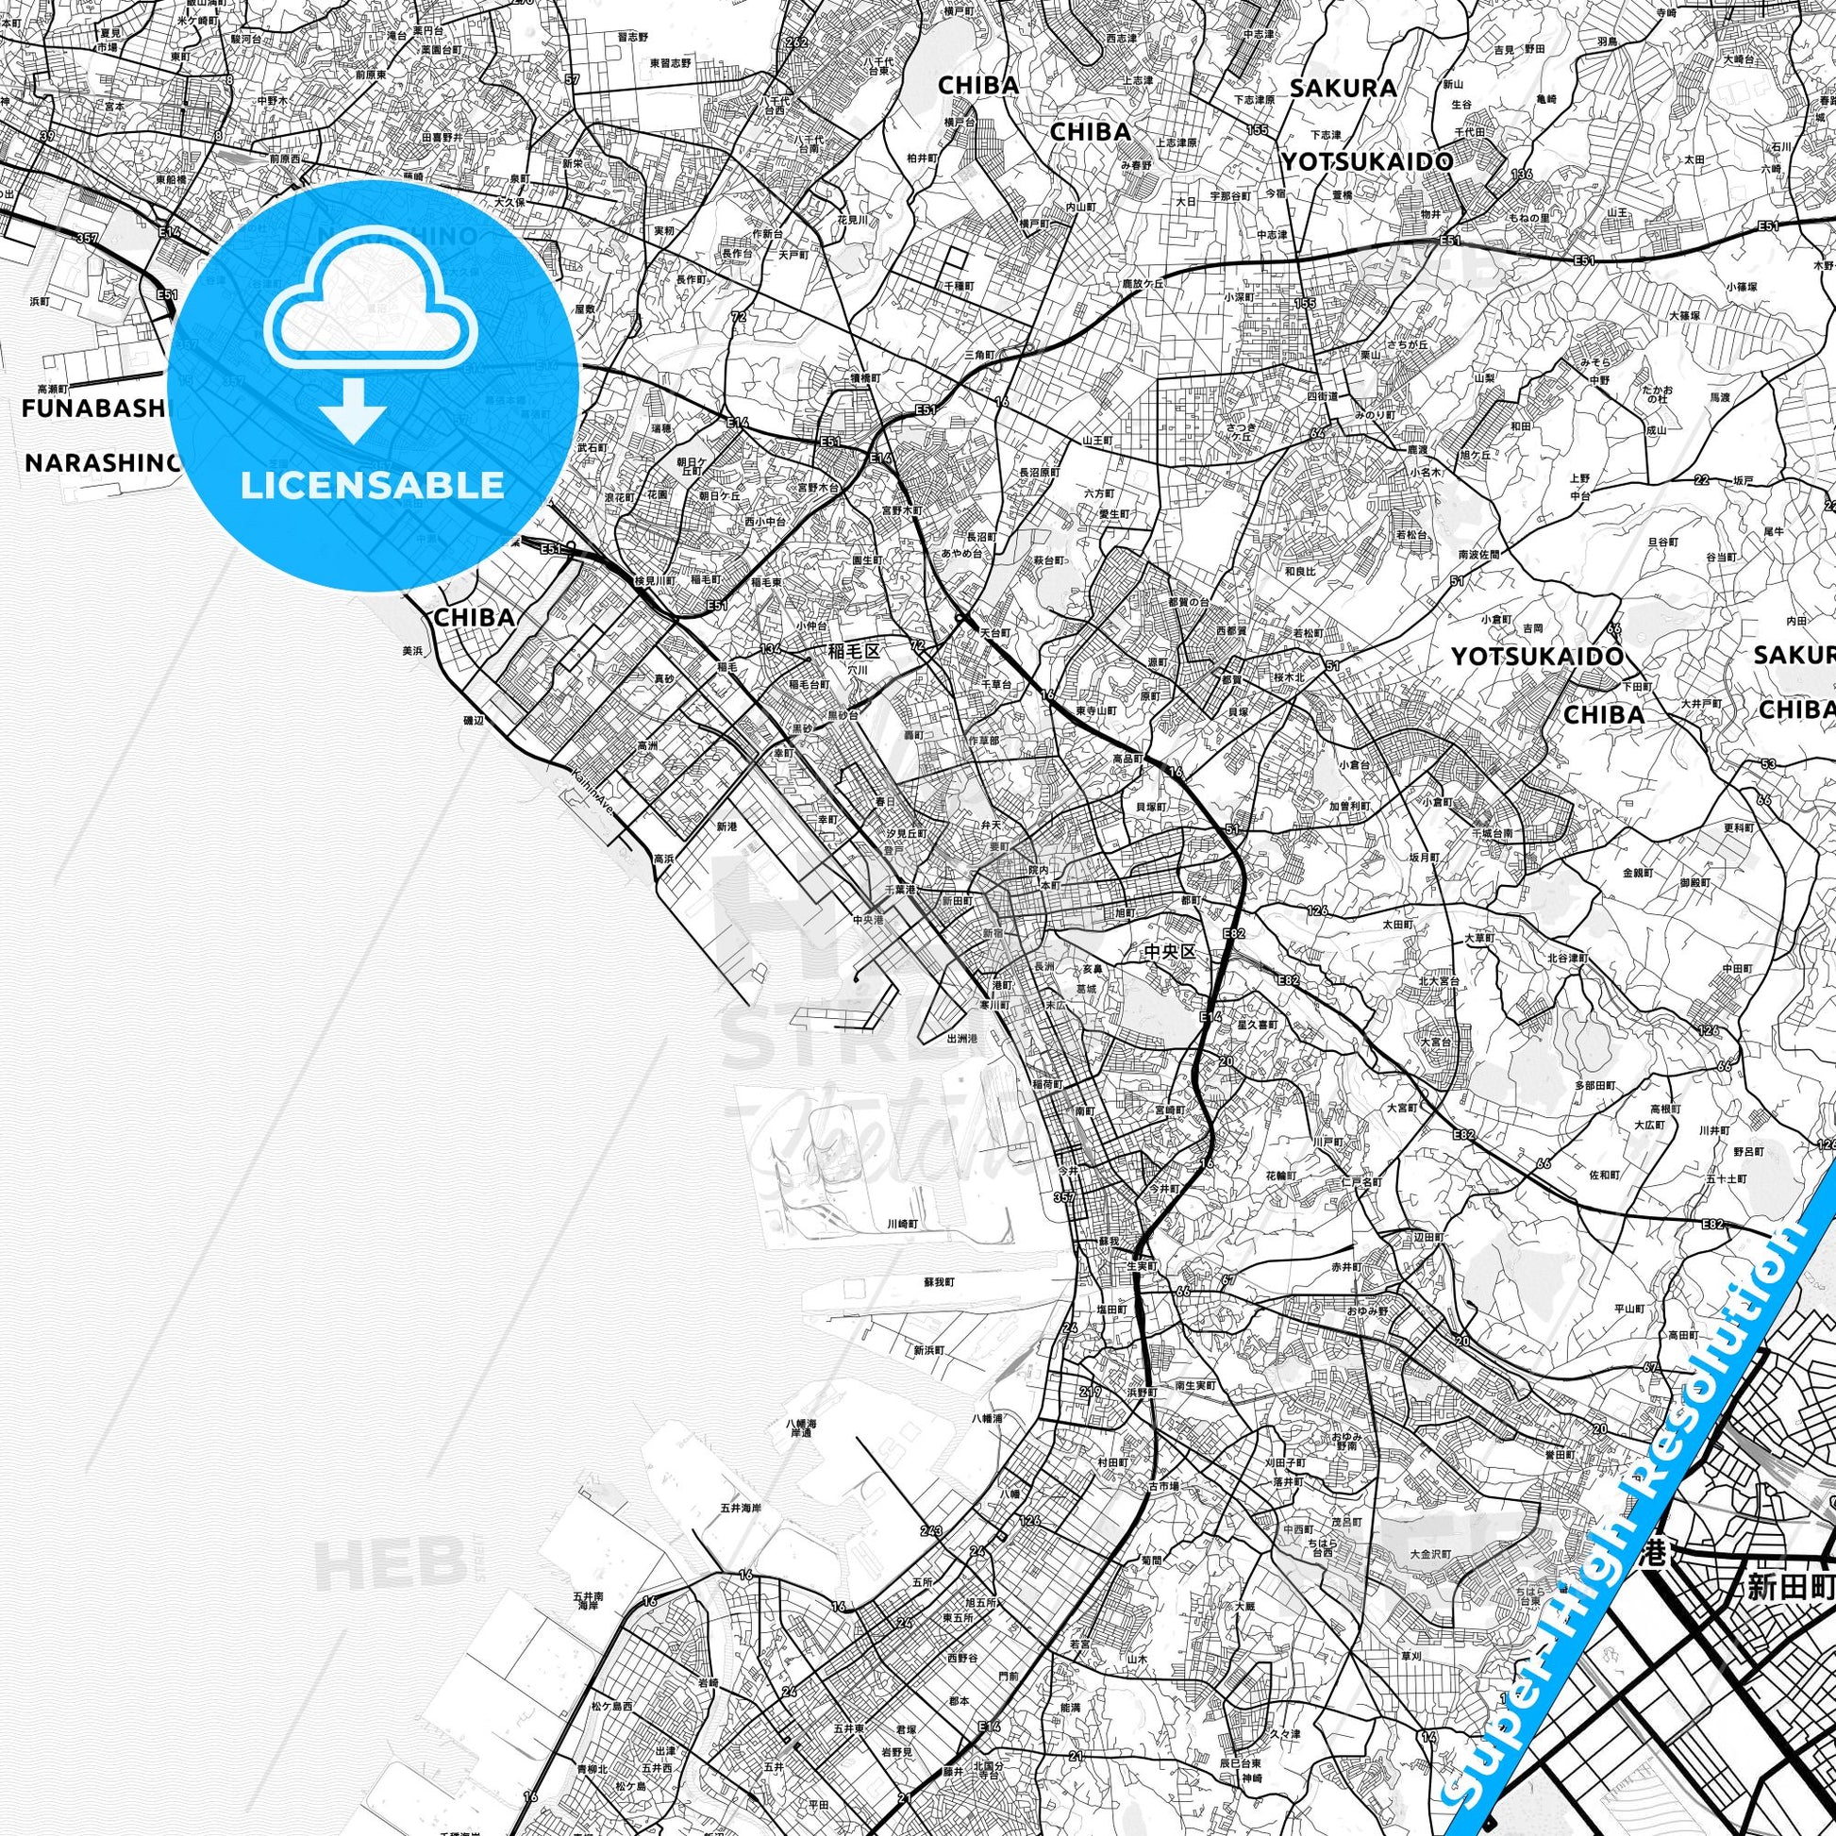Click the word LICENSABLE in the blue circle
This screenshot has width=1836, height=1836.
(372, 485)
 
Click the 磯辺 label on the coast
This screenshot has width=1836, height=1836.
(473, 721)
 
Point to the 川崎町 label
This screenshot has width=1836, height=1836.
(904, 1224)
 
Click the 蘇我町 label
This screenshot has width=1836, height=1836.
(939, 1281)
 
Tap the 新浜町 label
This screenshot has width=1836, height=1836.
(928, 1349)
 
